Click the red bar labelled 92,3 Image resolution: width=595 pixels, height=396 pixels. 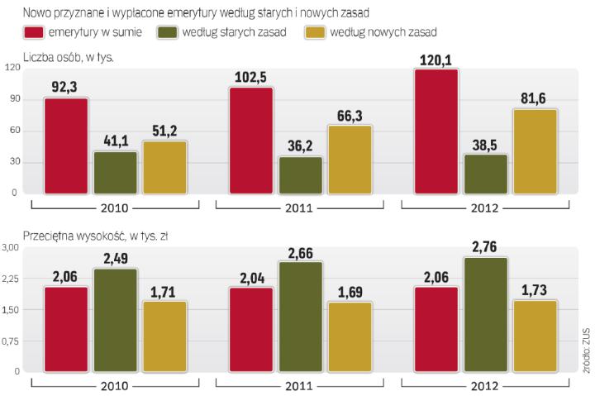[x=66, y=146]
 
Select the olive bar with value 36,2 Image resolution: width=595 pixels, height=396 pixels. [x=300, y=174]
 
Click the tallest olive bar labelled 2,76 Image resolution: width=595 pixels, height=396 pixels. [x=485, y=314]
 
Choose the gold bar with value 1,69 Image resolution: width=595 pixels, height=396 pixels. [x=350, y=336]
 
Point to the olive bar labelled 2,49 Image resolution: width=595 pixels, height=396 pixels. [x=116, y=319]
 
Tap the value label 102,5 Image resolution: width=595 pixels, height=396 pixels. [x=251, y=78]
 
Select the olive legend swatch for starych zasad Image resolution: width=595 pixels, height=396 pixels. [x=170, y=32]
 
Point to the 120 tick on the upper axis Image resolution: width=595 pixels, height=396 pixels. [x=11, y=69]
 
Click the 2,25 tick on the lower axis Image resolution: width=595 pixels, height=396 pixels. [x=10, y=279]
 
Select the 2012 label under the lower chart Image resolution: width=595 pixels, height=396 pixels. [x=486, y=386]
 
